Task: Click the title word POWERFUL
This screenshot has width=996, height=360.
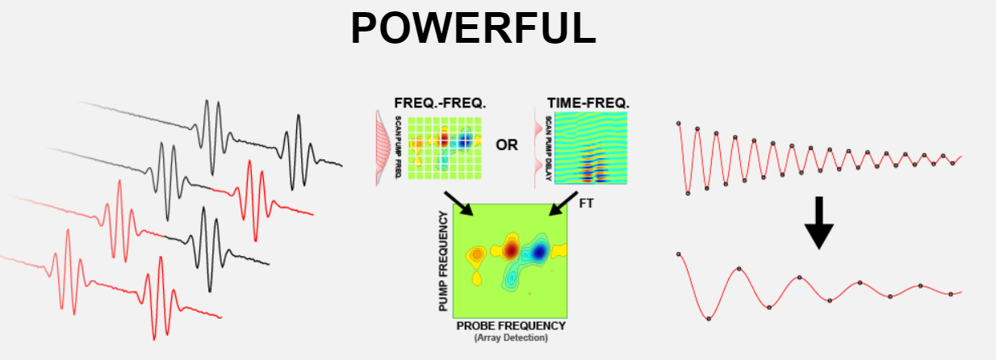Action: (x=473, y=28)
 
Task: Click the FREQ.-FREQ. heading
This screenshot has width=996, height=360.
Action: (x=440, y=103)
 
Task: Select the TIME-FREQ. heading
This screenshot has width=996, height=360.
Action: (x=588, y=103)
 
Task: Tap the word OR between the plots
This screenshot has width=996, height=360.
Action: (x=507, y=145)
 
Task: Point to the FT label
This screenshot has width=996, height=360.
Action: (x=586, y=203)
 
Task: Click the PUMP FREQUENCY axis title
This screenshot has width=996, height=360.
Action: (x=443, y=261)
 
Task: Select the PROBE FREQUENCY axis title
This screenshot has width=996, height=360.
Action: (x=511, y=326)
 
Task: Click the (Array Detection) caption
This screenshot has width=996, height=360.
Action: (x=511, y=337)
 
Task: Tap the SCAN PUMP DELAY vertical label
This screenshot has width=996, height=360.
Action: (x=548, y=149)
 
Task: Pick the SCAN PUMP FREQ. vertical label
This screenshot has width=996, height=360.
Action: (x=398, y=148)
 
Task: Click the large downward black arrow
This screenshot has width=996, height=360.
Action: (x=819, y=223)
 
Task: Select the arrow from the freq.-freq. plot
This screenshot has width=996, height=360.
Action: (x=459, y=203)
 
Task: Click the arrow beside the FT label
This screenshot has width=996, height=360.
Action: (x=563, y=203)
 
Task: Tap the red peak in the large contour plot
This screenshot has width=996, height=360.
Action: (x=512, y=250)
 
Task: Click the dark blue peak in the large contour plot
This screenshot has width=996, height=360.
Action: (x=539, y=253)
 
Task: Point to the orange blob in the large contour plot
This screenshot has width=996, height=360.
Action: (x=477, y=254)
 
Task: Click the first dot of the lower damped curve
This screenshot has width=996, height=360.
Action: (x=679, y=254)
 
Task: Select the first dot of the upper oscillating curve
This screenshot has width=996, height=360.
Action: (x=679, y=123)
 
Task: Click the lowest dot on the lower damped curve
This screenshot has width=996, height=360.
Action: (x=709, y=319)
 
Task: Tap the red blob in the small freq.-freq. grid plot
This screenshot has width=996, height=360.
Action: (x=444, y=140)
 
